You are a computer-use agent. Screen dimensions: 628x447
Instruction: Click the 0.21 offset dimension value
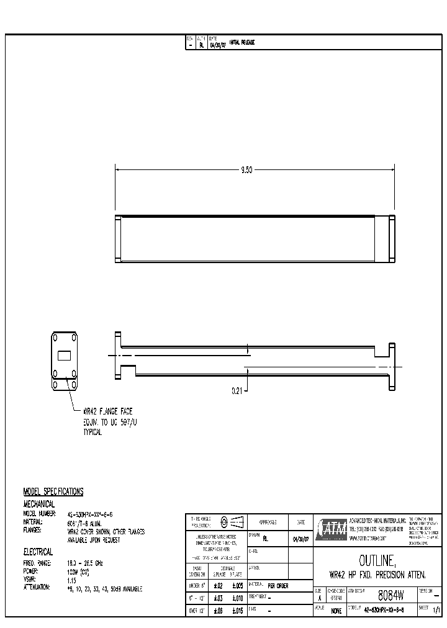(x=237, y=390)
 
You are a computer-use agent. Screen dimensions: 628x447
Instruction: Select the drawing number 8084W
(x=391, y=596)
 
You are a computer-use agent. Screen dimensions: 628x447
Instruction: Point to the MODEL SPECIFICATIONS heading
(x=53, y=491)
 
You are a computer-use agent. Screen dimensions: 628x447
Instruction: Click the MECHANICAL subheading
(x=38, y=504)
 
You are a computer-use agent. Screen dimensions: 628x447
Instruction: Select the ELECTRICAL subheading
(x=38, y=551)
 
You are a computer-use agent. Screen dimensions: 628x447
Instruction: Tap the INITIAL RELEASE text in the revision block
(x=242, y=43)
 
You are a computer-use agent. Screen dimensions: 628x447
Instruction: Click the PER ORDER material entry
(x=278, y=585)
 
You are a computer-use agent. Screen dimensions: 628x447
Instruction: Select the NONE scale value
(x=336, y=611)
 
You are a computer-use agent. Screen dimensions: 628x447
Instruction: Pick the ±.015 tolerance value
(x=238, y=611)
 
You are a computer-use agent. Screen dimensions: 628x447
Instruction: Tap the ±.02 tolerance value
(x=218, y=585)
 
